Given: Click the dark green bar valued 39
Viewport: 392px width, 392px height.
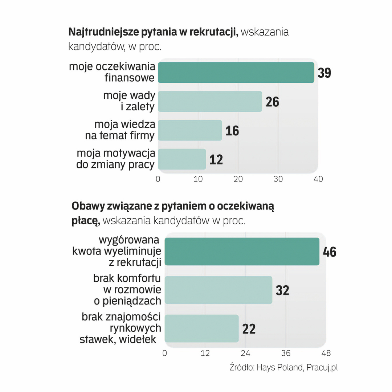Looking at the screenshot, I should [x=236, y=73].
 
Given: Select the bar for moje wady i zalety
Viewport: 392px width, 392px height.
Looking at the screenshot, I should [x=210, y=101].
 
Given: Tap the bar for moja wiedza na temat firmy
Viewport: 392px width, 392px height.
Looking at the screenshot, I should [x=190, y=130].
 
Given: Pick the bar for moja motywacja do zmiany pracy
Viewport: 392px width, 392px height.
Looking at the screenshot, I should [x=182, y=159].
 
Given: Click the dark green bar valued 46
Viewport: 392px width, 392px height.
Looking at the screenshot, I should [x=242, y=252].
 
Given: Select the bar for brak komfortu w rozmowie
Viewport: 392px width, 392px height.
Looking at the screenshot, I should [x=218, y=290].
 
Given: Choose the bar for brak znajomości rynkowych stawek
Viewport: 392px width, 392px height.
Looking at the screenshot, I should [x=201, y=328].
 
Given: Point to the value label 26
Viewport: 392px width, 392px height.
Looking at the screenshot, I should [x=272, y=102].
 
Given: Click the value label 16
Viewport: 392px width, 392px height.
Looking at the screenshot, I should [x=232, y=131].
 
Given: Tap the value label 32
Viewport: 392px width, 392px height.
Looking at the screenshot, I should [x=282, y=290].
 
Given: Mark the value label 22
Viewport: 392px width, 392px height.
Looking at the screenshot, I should [x=249, y=329].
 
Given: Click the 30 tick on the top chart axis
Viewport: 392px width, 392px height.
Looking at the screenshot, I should [x=278, y=179].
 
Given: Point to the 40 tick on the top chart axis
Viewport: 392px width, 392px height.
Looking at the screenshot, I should [x=318, y=179].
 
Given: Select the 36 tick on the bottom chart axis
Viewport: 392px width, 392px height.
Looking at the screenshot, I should [x=286, y=353].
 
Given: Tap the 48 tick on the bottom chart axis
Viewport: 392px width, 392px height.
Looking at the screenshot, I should [x=326, y=353].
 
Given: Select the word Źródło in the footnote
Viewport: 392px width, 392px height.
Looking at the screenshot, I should [x=242, y=367].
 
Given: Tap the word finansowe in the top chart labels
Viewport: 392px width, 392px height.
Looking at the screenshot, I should [x=130, y=78].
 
